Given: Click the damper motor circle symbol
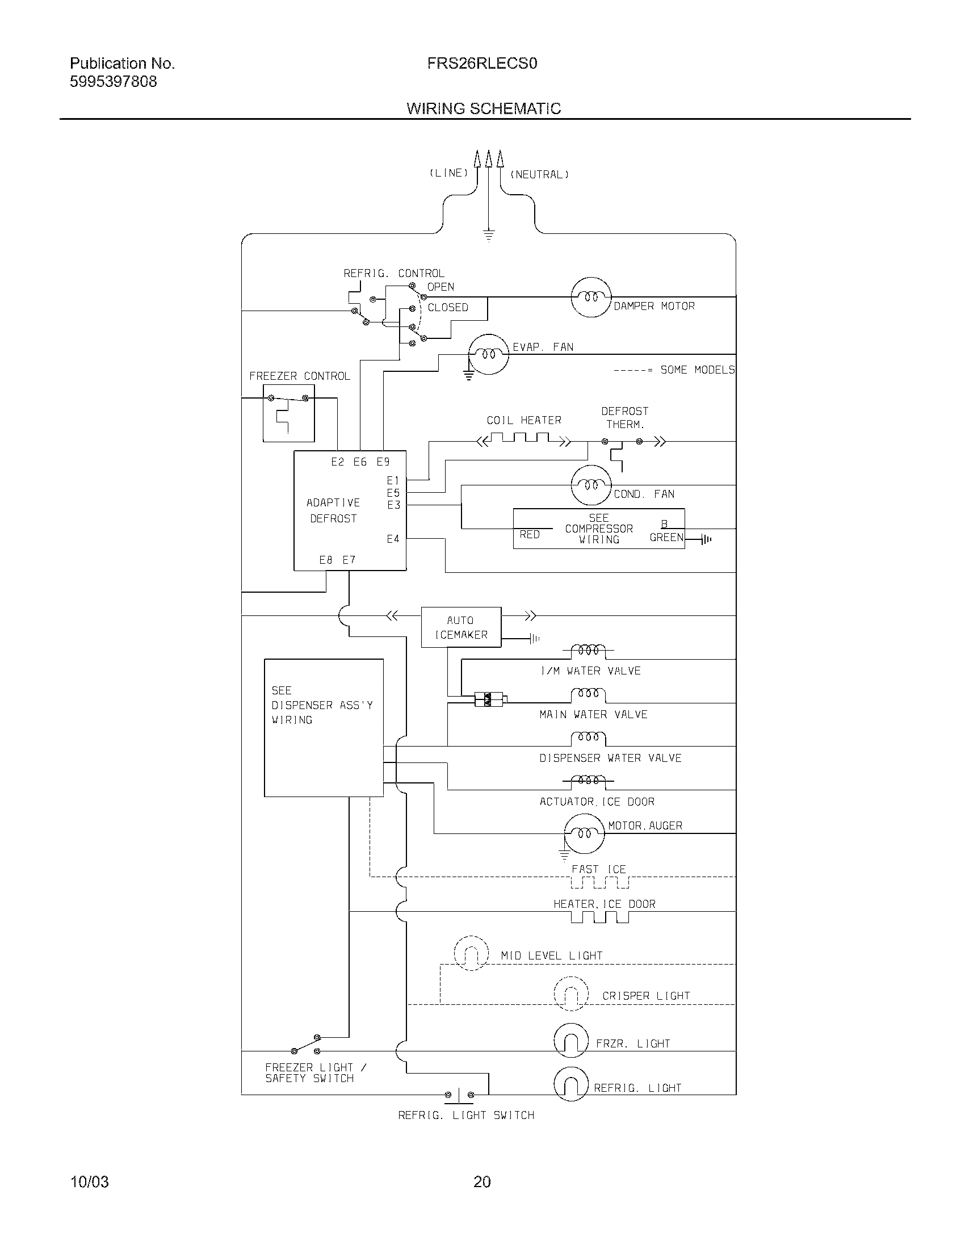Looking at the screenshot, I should pos(591,297).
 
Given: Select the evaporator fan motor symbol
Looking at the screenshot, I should pos(488,355).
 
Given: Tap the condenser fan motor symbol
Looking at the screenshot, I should pos(591,485).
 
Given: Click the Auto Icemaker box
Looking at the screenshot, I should pos(461,627).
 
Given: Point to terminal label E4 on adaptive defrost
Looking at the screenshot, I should pos(393,539).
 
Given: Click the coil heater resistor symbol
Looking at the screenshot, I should pos(524,439).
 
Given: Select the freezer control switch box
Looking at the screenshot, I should pos(288,413).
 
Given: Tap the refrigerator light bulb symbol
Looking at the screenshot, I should pos(570,1084).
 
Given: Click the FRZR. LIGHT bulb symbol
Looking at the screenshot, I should pos(570,1040).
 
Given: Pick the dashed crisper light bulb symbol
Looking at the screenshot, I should pos(570,994).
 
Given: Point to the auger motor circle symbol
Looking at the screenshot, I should pos(584,834).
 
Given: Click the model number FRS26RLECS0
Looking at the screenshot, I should pos(482,64).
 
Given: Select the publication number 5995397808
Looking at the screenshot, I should pos(113,82).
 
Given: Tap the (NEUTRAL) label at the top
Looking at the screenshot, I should pos(539,175).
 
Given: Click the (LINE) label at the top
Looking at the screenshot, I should pos(449,173).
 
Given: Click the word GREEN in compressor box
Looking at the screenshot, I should pos(666,538).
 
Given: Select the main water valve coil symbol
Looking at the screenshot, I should pos(588,694).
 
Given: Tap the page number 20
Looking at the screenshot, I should pos(482,1181).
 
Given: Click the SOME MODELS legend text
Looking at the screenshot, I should pos(697,370).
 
